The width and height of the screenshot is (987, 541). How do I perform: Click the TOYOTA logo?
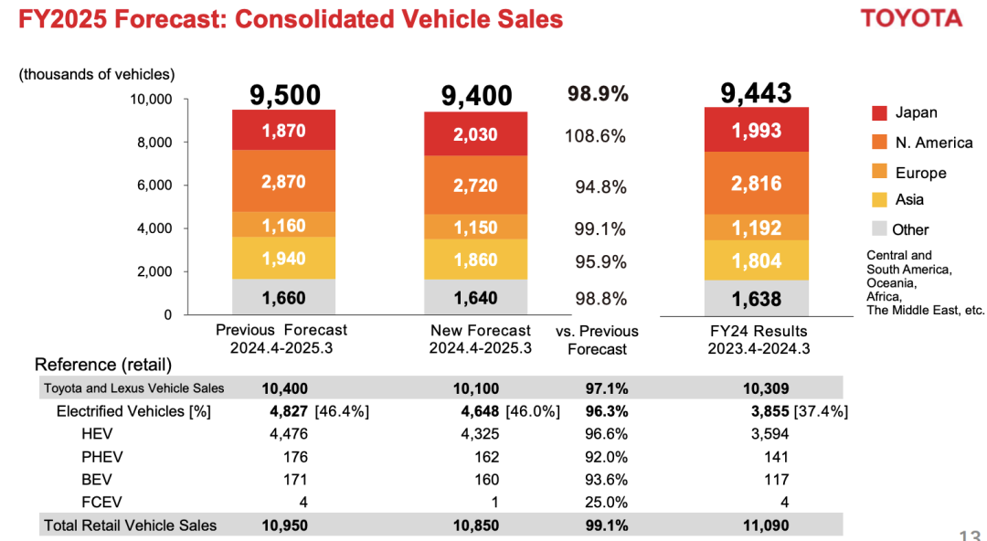tap(911, 18)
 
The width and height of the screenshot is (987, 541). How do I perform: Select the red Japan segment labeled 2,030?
tap(475, 134)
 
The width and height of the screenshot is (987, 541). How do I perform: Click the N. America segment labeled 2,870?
tap(283, 182)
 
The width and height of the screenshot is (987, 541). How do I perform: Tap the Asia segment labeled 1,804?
tap(756, 261)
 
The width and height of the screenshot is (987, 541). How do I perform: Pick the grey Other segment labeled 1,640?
tap(475, 297)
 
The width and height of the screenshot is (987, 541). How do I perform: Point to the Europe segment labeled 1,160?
tap(283, 225)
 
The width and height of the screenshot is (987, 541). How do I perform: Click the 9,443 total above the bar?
tap(756, 92)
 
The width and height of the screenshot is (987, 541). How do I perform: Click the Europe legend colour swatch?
tap(880, 172)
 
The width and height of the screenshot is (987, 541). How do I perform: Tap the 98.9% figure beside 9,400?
tap(598, 94)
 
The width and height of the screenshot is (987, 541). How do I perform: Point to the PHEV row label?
tap(102, 457)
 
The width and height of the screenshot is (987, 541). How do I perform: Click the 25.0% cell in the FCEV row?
tap(606, 502)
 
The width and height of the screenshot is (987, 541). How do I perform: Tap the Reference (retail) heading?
tap(103, 366)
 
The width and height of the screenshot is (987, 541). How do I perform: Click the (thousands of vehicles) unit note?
tap(97, 75)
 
